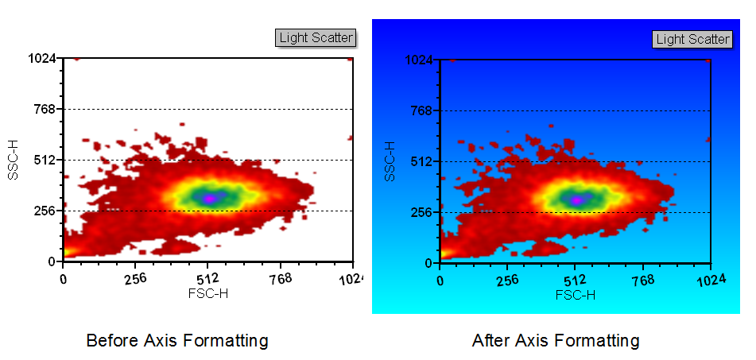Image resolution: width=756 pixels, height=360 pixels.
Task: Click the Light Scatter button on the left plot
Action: (x=316, y=37)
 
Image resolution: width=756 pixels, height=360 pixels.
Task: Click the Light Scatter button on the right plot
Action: (x=692, y=39)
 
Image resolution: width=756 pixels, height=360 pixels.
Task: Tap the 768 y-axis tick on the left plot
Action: (x=43, y=109)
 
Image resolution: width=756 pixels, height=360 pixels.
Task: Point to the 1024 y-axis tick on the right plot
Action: (x=418, y=60)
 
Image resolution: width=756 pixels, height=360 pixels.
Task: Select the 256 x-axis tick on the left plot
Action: (x=135, y=278)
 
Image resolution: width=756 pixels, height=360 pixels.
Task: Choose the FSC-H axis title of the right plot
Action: (x=575, y=295)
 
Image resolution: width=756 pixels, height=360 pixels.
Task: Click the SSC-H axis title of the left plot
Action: (x=13, y=160)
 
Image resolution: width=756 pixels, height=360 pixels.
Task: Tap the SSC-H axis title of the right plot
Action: (x=390, y=161)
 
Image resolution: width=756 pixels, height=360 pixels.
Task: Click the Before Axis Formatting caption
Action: (x=176, y=341)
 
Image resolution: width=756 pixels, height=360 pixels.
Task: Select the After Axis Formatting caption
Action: (x=555, y=341)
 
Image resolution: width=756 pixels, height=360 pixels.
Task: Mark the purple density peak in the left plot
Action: (x=209, y=197)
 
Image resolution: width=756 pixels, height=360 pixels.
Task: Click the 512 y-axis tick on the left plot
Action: (x=43, y=160)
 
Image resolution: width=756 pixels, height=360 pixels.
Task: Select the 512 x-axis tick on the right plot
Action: (x=575, y=280)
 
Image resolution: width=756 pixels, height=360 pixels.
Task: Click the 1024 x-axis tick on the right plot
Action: (x=710, y=280)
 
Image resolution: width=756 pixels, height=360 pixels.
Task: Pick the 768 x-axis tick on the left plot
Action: (x=280, y=278)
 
